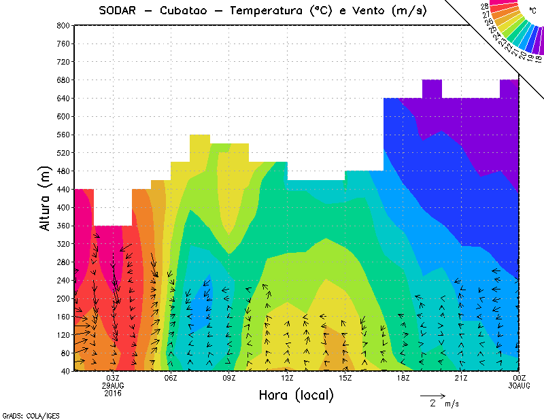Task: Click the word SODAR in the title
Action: click(x=120, y=10)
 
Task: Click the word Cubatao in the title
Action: click(x=188, y=10)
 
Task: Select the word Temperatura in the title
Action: click(x=269, y=10)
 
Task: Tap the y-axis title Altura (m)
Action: click(x=46, y=197)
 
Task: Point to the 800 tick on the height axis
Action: click(x=63, y=25)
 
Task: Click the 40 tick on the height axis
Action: click(x=65, y=371)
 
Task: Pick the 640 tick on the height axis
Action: click(x=63, y=98)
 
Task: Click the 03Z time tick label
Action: click(x=113, y=378)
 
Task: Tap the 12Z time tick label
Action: click(x=287, y=378)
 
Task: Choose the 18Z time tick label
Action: click(x=403, y=378)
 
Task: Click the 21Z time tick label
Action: click(x=461, y=378)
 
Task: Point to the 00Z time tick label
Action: click(x=520, y=378)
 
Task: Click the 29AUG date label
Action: click(x=113, y=385)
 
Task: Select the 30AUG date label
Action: click(x=520, y=385)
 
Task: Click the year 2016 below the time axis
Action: click(x=113, y=393)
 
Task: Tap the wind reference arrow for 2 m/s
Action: click(x=432, y=395)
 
